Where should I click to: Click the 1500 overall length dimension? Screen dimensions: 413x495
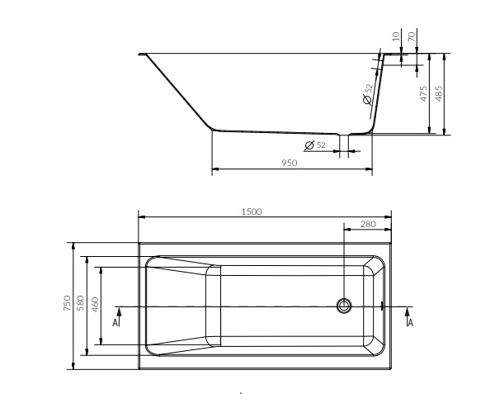point(252,211)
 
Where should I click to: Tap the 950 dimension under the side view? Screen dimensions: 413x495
point(289,163)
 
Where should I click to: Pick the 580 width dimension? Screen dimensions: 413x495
point(81,303)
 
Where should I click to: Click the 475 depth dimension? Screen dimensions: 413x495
point(421,93)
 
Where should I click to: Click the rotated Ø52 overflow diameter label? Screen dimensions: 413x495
point(367,92)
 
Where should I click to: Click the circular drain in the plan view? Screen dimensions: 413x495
point(343,306)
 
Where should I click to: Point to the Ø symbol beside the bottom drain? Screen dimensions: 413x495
point(309,146)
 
